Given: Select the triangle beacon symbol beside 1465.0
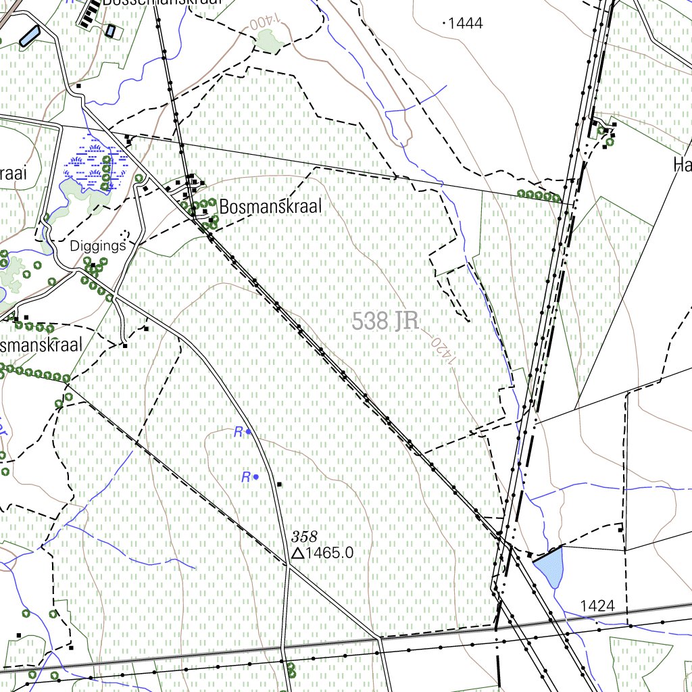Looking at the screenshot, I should click(x=297, y=553).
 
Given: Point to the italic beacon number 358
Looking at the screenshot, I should click(x=304, y=537).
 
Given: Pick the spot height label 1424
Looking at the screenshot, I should click(x=597, y=605).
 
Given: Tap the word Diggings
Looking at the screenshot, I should click(x=98, y=246).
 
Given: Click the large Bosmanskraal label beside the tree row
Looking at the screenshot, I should click(x=270, y=206).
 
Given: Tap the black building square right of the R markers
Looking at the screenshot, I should click(x=279, y=484).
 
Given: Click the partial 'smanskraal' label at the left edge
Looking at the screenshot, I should click(x=42, y=345).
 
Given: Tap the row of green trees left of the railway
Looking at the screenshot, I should click(x=539, y=195).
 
